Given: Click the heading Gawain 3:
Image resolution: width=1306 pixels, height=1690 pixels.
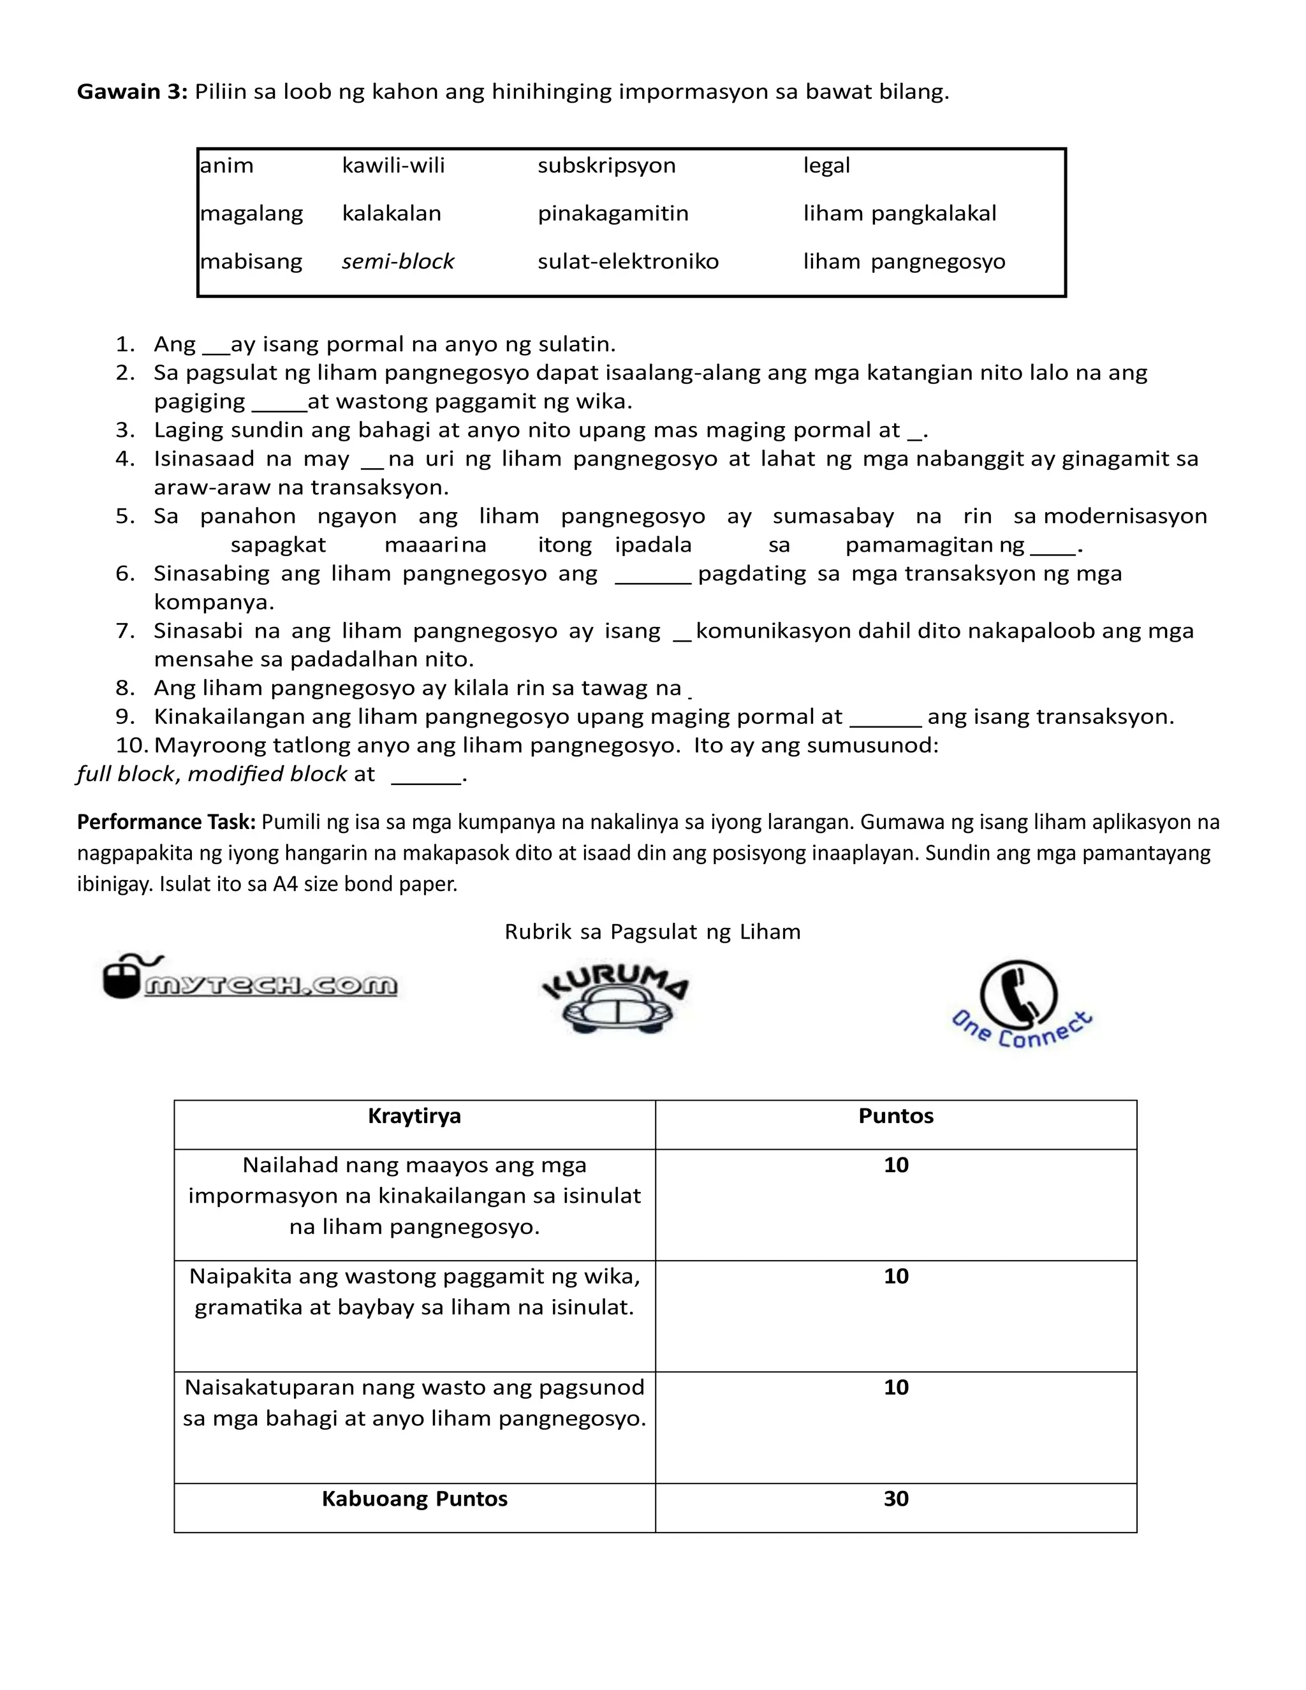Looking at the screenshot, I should tap(131, 92).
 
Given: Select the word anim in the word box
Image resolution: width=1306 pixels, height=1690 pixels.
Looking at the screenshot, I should tap(226, 166).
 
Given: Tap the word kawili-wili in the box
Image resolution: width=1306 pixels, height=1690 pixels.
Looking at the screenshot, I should tap(393, 166).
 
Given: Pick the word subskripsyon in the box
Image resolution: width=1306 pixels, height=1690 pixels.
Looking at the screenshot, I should tap(606, 166).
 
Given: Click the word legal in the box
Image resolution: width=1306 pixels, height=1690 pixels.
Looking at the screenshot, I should tap(826, 166).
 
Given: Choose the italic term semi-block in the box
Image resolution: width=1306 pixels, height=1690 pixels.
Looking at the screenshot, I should tap(398, 261).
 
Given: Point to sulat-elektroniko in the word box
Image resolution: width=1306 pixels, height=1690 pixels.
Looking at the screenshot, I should tap(628, 261).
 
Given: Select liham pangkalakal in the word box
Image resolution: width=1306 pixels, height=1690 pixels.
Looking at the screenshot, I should tap(900, 214).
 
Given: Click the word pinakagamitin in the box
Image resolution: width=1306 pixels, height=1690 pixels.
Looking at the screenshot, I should tap(613, 214).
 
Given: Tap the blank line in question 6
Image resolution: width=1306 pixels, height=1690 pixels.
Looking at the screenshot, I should tap(652, 580).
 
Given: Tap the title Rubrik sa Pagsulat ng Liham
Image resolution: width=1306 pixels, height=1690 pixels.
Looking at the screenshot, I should tap(652, 932).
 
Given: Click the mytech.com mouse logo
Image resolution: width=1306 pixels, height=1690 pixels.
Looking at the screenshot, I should tap(249, 979).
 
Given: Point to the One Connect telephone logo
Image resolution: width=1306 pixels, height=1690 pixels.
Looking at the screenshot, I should tap(1020, 1006).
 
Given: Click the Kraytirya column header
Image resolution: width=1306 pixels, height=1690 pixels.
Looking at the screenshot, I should tap(415, 1116).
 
